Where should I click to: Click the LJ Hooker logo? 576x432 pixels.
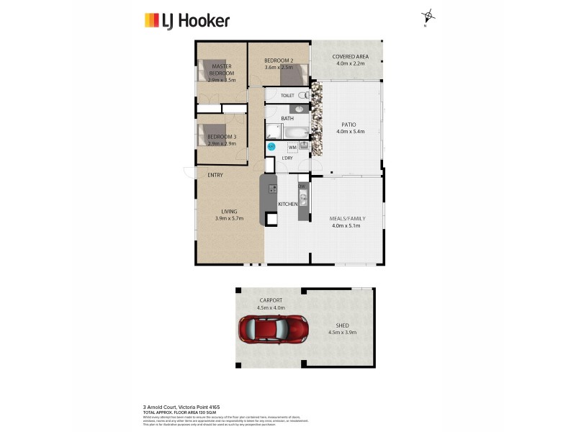coord(186,20)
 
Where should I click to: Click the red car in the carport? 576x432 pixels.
coord(274,330)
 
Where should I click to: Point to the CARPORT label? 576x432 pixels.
coord(271,301)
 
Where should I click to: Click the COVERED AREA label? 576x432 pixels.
coord(351,56)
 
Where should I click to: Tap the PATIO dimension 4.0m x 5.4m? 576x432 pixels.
coord(351,132)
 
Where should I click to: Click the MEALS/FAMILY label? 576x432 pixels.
coord(347,218)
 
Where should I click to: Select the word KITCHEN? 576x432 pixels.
coord(288,204)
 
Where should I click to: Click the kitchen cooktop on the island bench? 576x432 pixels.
coord(273,189)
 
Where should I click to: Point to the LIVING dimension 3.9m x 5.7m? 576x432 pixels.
coord(229,218)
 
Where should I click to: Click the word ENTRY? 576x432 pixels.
coord(215,175)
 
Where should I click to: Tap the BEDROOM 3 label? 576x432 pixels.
coord(221,137)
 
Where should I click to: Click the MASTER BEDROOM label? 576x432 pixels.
coord(222,69)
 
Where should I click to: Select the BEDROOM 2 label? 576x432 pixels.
coord(278,60)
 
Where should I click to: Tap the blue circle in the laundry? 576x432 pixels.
coord(271,146)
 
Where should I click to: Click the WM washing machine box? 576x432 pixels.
coord(292,148)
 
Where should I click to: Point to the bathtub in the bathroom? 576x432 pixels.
coord(294,132)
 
